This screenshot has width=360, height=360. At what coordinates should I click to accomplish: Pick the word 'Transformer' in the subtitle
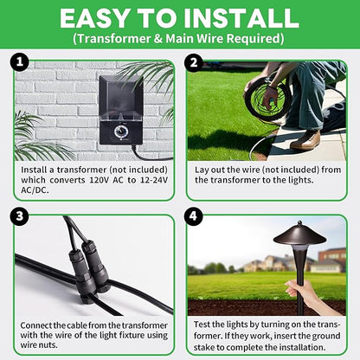tap(121, 39)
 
